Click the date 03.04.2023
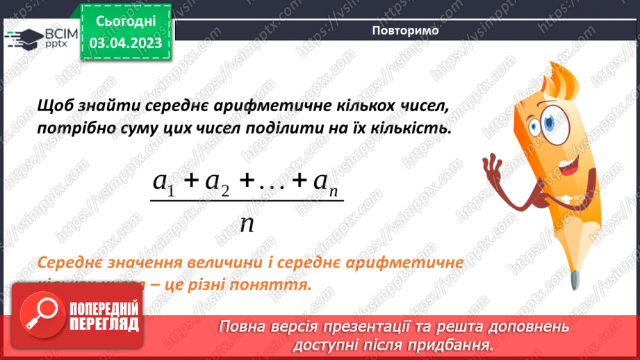coord(126,43)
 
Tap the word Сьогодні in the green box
coord(126,22)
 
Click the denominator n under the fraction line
coord(246,224)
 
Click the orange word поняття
coord(274,286)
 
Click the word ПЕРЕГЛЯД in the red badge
coord(102,324)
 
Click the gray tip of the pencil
coord(573,279)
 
